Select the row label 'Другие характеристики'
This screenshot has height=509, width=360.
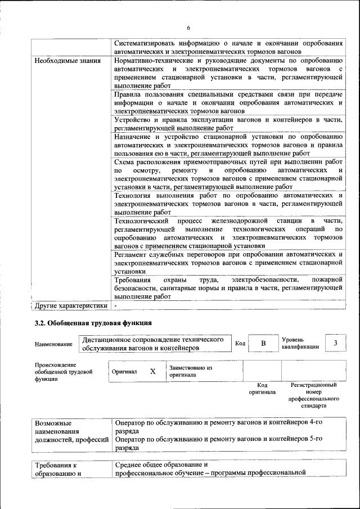coord(70,306)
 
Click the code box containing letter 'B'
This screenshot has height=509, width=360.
coord(263,343)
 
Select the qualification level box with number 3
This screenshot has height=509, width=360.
coord(335,343)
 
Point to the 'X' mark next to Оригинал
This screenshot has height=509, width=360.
coord(152,371)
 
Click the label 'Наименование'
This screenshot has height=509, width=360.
coord(53,344)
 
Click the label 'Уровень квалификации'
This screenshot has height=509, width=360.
coord(300,343)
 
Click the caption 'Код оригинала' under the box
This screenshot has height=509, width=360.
coord(262,389)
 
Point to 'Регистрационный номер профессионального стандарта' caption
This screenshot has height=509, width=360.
coord(313,395)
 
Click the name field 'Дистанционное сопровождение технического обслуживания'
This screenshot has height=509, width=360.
coord(156,344)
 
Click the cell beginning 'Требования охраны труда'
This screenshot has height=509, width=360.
coord(228,287)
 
